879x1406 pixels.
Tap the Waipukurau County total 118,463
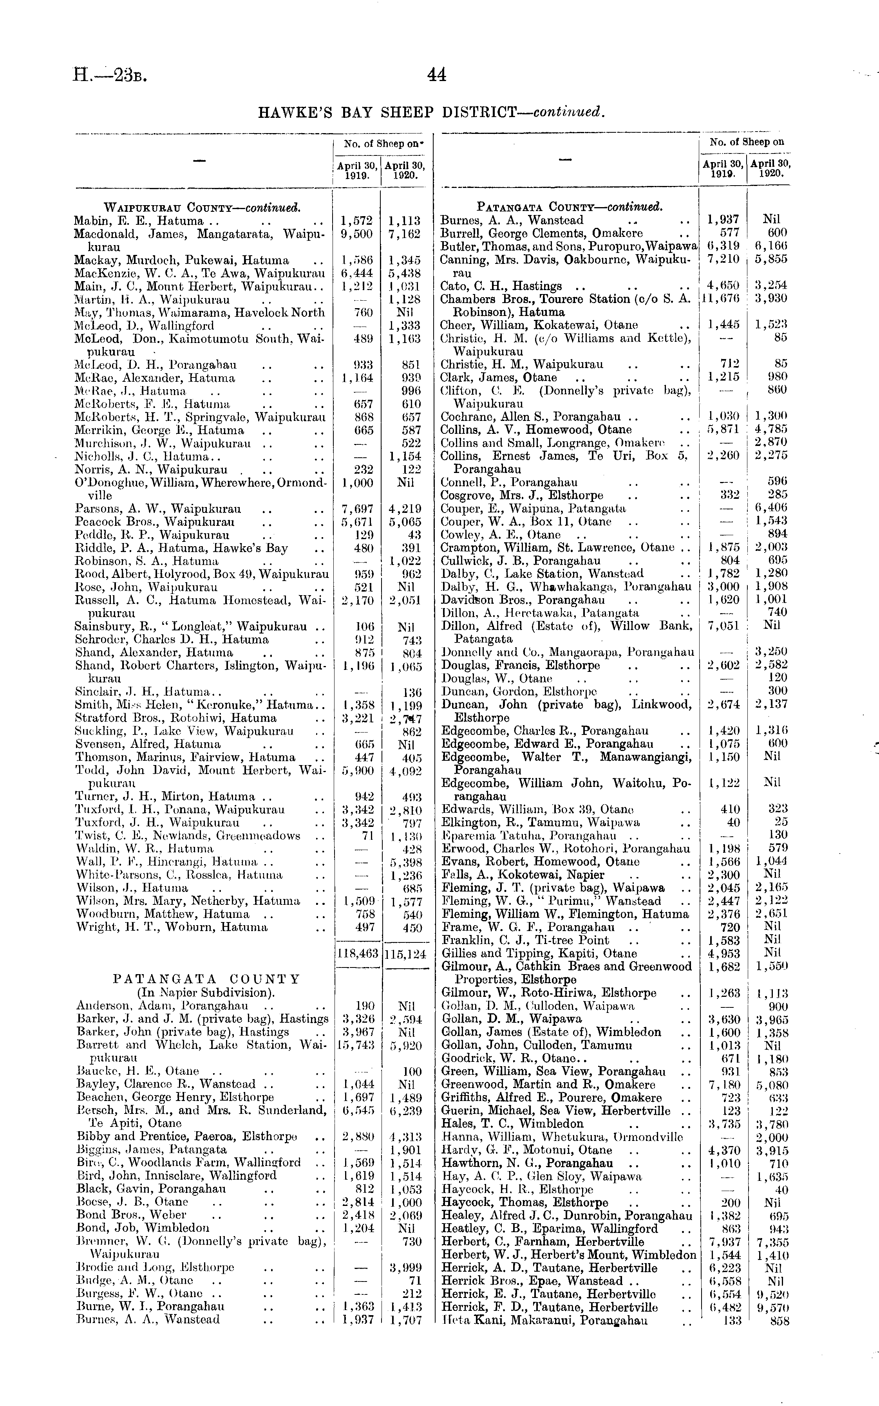pyautogui.click(x=358, y=953)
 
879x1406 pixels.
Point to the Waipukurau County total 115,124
pyautogui.click(x=405, y=953)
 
